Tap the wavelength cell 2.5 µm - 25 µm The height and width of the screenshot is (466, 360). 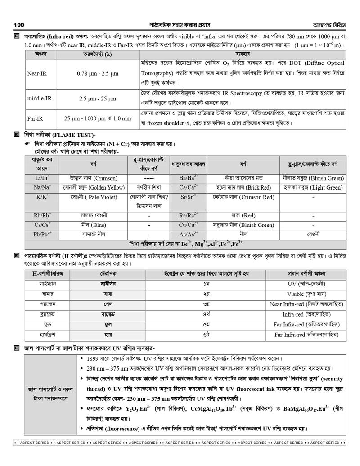(98, 98)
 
